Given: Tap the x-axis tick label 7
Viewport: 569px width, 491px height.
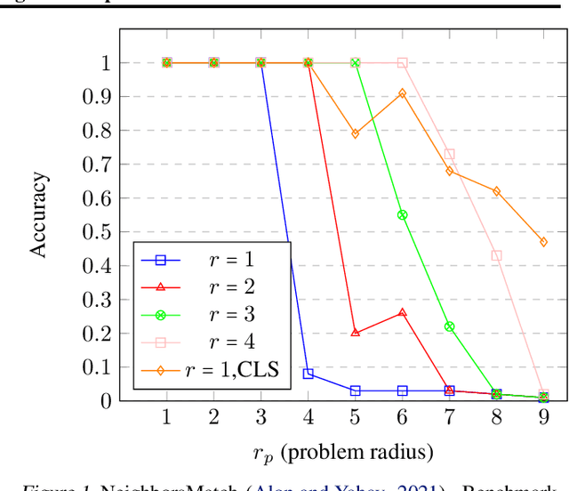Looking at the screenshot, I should coord(449,417).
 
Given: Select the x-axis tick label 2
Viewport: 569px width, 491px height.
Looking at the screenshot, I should coord(213,417).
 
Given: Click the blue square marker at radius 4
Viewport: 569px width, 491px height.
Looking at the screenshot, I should coord(308,374).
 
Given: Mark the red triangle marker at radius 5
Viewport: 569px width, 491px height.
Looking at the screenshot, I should coord(355,333).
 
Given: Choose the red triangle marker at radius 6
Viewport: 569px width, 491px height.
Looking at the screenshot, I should coord(402,312).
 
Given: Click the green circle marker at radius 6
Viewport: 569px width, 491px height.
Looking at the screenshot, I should coord(402,214).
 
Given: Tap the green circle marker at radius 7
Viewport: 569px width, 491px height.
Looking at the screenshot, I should coord(449,326).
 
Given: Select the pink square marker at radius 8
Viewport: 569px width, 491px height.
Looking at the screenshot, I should coord(496,255).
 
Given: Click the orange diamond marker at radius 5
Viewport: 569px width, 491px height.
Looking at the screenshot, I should coord(355,133).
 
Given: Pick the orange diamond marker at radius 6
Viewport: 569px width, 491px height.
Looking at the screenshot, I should coord(402,93).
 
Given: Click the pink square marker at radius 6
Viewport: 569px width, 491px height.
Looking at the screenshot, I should coord(402,63).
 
